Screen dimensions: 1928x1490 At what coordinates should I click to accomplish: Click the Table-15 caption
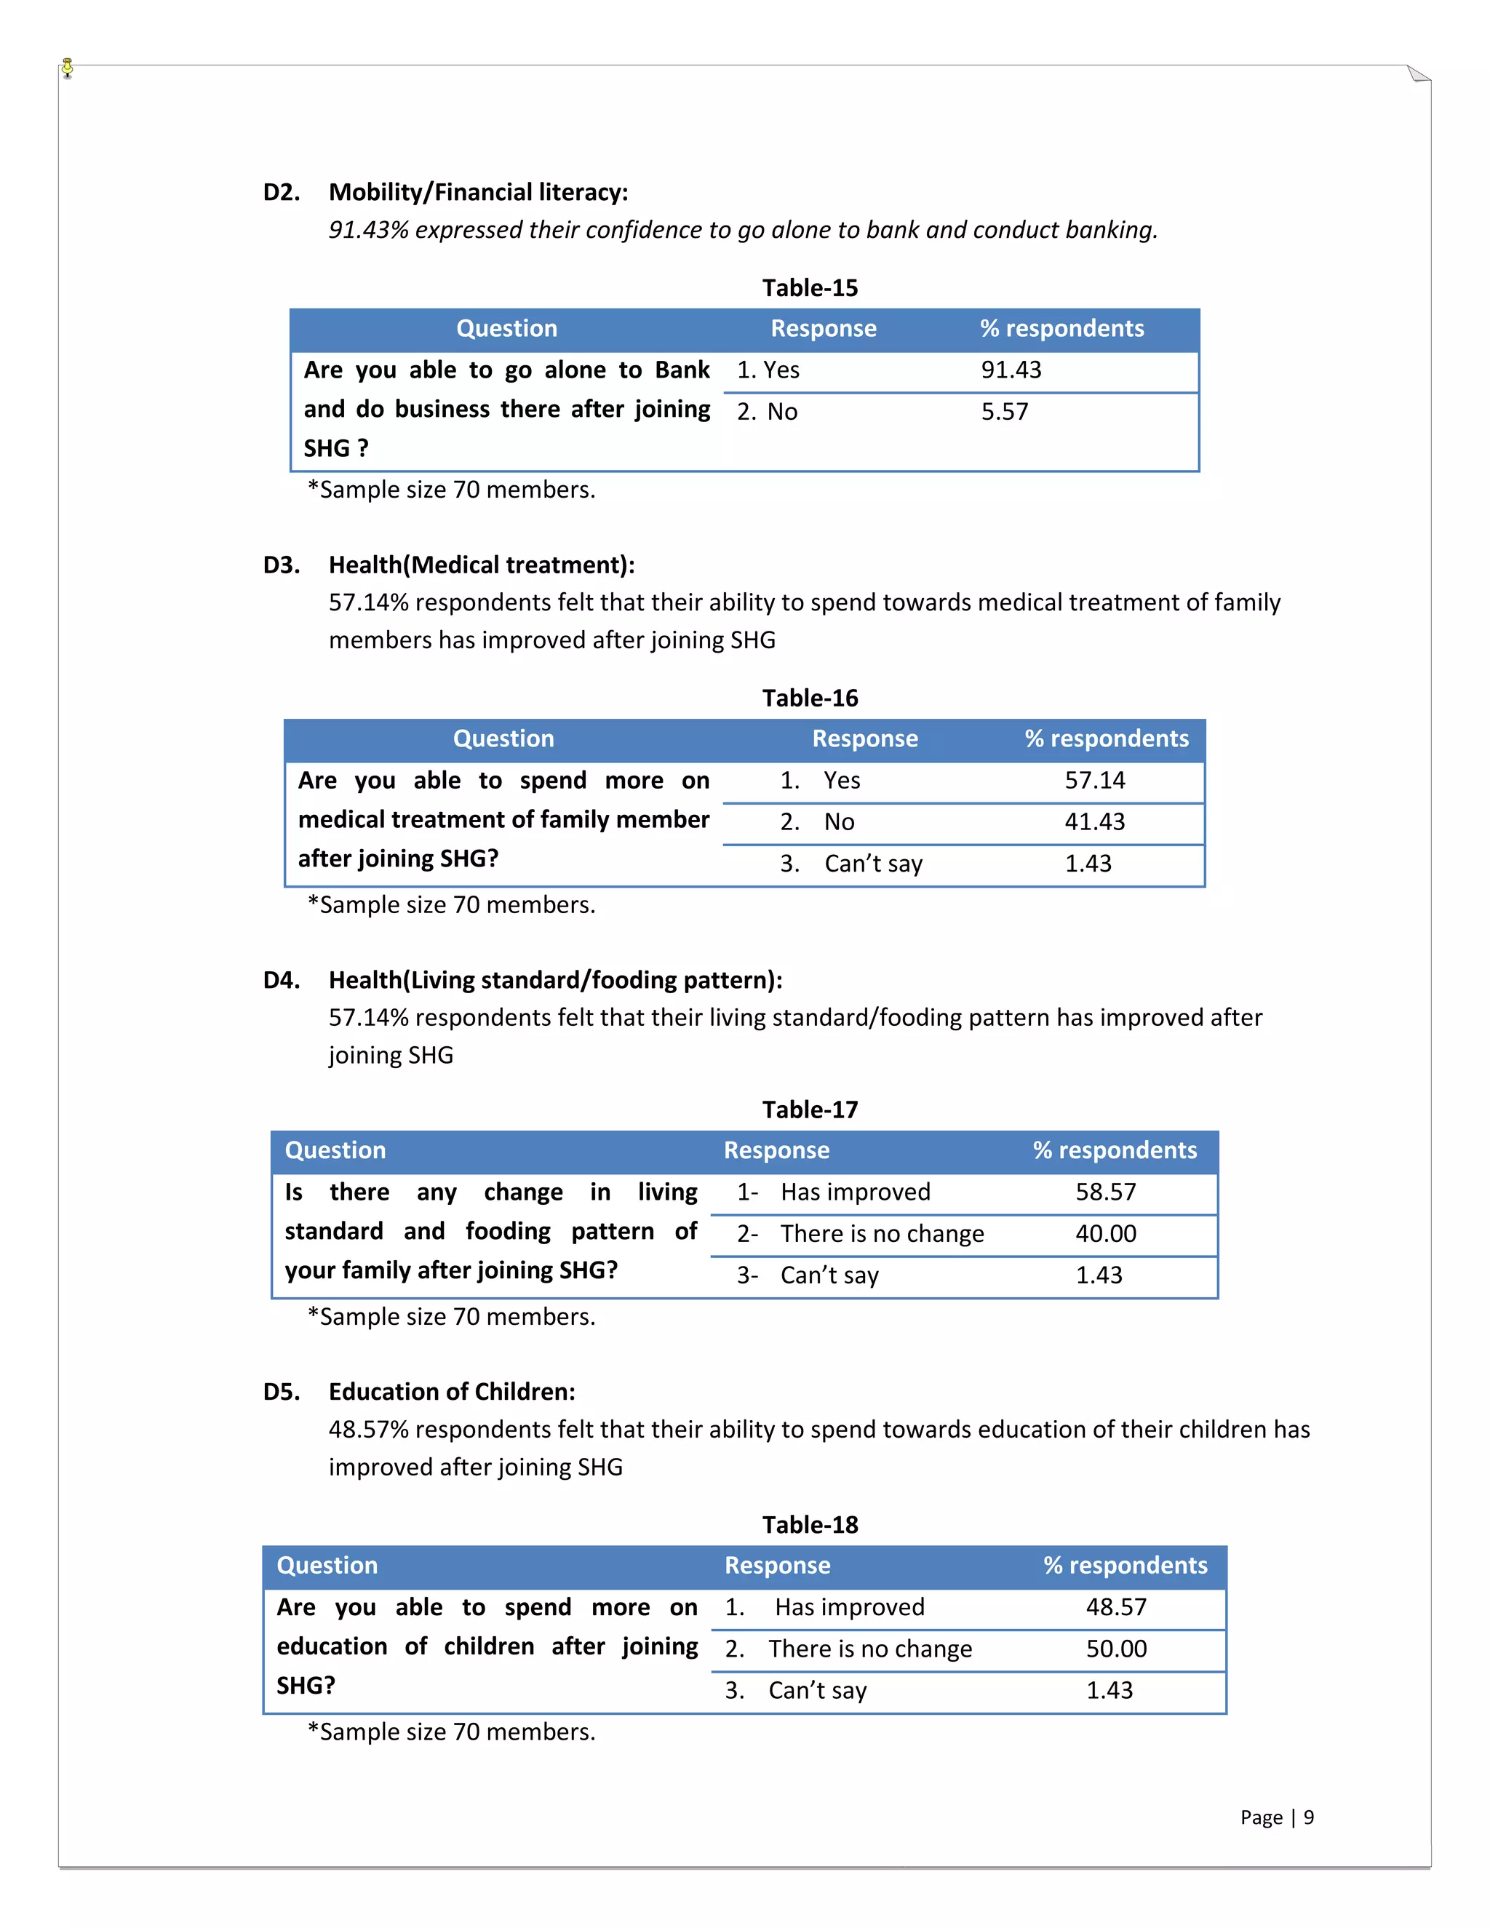pos(810,288)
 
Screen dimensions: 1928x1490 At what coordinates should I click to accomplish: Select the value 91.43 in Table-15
pos(1011,370)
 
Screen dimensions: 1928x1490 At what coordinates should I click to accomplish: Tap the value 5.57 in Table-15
pos(1005,411)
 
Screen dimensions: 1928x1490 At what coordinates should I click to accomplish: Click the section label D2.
pos(282,193)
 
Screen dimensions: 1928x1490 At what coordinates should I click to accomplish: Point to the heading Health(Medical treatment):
pos(481,565)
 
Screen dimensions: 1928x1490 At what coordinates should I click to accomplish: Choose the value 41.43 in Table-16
pos(1094,822)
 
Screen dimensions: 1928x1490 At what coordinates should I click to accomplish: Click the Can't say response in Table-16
pos(872,864)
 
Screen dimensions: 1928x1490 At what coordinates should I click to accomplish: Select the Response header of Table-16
pos(864,739)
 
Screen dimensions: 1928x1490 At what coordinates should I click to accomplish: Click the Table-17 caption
pos(810,1110)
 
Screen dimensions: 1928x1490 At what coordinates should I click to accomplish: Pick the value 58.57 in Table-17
pos(1105,1192)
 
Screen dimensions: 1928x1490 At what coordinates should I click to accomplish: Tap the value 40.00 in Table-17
pos(1105,1233)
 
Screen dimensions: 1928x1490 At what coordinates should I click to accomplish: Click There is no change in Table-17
pos(881,1233)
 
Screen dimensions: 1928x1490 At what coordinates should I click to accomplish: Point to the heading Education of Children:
pos(451,1392)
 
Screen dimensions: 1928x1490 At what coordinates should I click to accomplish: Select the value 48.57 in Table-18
pos(1116,1606)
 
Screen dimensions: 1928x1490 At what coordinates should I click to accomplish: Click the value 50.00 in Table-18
pos(1116,1648)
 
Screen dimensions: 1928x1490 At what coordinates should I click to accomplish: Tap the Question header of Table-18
pos(327,1565)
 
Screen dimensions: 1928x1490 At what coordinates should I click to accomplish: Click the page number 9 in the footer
pos(1308,1817)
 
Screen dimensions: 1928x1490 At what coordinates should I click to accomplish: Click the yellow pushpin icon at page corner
pos(68,68)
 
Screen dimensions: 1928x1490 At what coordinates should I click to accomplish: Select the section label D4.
pos(282,980)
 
